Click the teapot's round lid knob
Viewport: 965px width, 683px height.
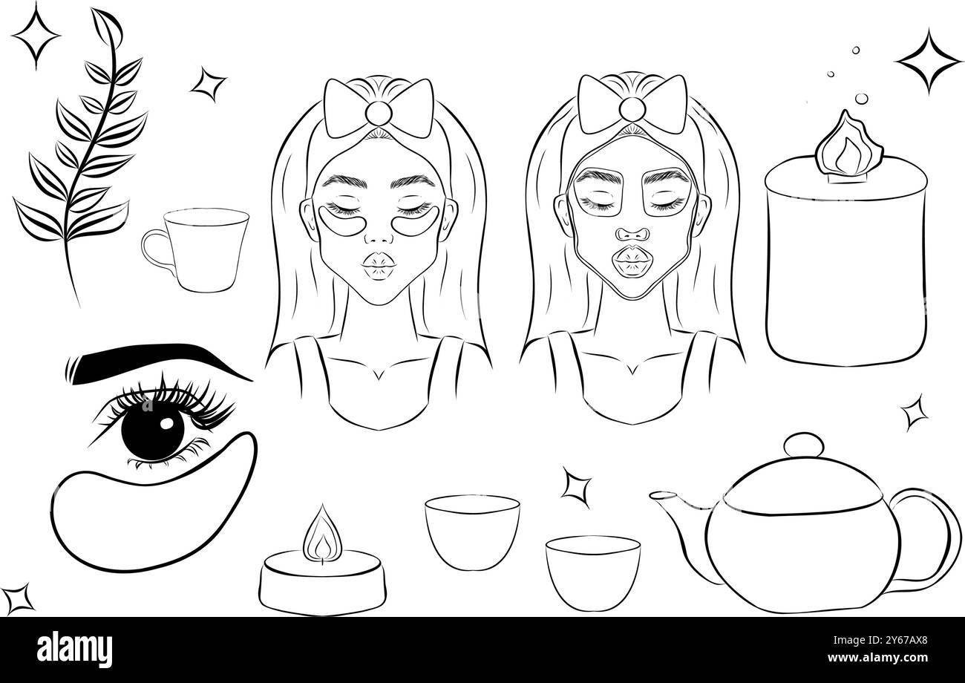(802, 445)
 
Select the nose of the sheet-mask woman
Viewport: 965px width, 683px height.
(632, 229)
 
